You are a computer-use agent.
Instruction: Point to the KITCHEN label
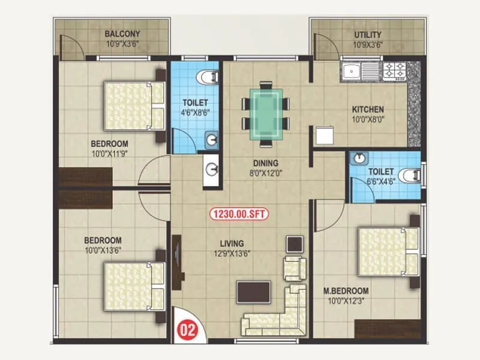tap(368, 110)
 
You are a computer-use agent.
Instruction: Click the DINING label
tap(265, 163)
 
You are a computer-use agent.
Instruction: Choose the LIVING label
tap(231, 244)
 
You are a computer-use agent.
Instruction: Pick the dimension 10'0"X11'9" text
tap(109, 154)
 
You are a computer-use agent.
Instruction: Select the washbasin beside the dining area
tap(212, 169)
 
